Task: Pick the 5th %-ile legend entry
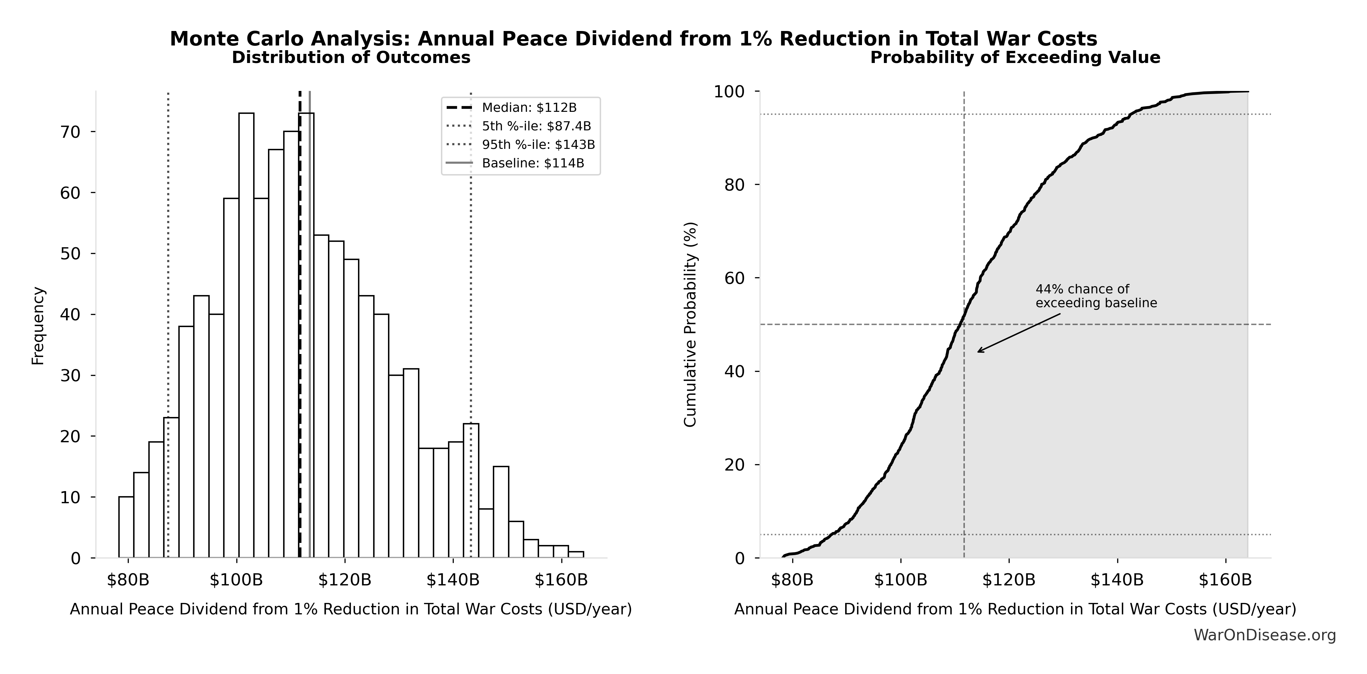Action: click(x=536, y=126)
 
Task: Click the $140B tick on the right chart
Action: click(x=1117, y=580)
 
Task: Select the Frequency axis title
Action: click(x=38, y=326)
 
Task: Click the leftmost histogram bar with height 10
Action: click(x=126, y=527)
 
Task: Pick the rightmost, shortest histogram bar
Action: click(x=576, y=555)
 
